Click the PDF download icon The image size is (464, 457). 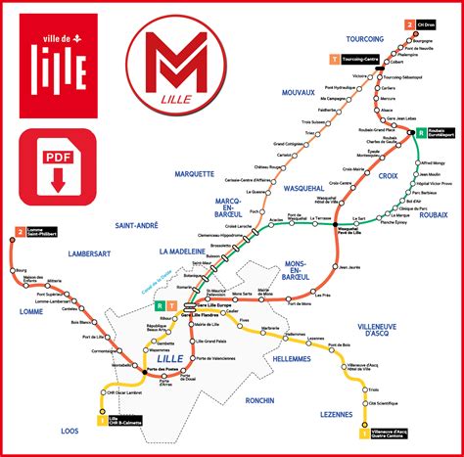[x=57, y=167]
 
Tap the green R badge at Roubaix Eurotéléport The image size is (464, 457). [x=421, y=132]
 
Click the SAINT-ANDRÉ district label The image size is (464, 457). [x=137, y=224]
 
